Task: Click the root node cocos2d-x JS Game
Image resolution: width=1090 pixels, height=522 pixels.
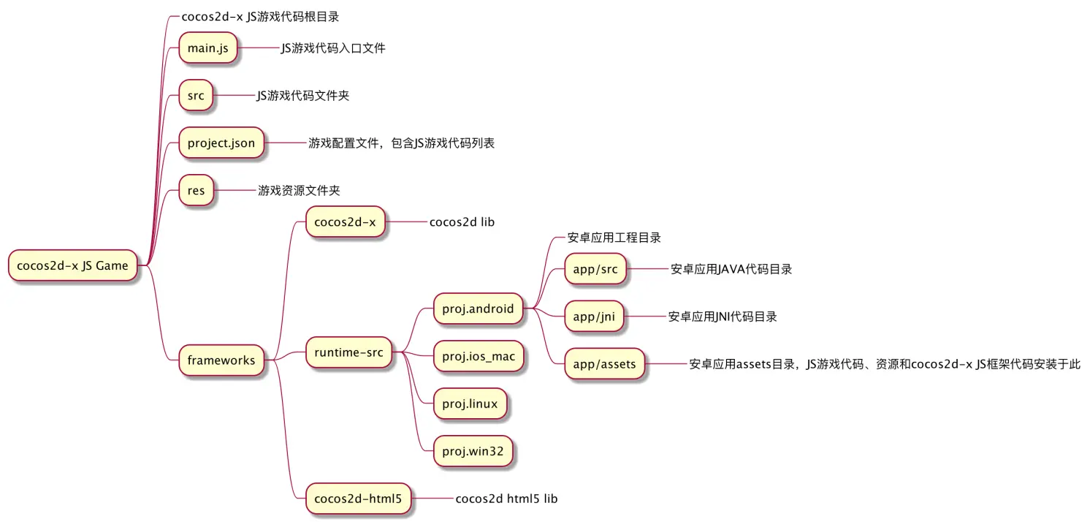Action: point(72,265)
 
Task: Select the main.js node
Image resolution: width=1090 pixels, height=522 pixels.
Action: point(208,48)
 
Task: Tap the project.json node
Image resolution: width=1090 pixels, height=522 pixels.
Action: point(221,143)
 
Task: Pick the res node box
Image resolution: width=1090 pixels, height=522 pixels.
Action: point(197,191)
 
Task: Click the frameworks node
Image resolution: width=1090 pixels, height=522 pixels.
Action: point(221,360)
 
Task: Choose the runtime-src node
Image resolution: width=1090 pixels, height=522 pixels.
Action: point(348,352)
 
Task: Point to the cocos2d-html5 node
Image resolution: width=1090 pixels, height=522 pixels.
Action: point(357,499)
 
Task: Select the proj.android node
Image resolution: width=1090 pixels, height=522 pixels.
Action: point(478,309)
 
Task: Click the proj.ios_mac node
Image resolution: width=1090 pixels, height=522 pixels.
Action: point(479,356)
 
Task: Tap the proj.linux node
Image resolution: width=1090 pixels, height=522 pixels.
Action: point(470,404)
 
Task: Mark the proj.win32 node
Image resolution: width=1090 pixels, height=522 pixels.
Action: point(473,451)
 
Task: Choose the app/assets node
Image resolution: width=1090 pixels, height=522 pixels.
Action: point(604,363)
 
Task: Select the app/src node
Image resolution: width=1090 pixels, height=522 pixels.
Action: point(595,269)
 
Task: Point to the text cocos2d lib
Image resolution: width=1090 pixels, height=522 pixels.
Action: point(462,222)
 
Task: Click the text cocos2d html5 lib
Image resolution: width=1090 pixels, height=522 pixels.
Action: point(506,499)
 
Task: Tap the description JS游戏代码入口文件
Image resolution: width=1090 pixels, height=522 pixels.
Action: point(333,48)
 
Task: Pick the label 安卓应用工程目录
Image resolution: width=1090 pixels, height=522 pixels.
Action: point(614,238)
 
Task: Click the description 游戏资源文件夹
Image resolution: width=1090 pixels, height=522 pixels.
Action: point(299,191)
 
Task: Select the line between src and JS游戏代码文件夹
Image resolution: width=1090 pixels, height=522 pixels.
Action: point(235,96)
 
